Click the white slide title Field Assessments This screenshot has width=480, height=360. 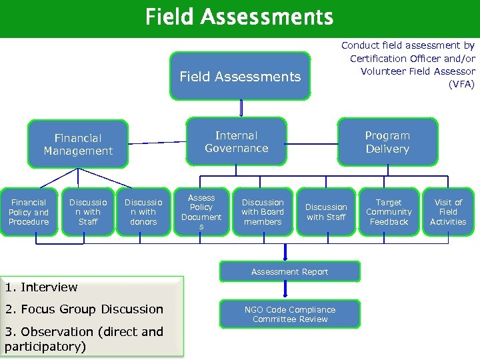239,16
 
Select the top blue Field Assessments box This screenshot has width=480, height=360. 240,77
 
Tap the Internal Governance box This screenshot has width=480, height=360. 237,142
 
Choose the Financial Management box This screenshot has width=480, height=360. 78,144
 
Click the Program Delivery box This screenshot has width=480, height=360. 387,142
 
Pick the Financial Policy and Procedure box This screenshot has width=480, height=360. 29,212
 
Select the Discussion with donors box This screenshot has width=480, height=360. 143,212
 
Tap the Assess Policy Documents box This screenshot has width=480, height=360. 201,212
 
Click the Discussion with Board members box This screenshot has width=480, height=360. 263,212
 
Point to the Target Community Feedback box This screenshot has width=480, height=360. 389,212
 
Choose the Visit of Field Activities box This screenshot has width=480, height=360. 448,212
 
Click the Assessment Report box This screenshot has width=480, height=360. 289,272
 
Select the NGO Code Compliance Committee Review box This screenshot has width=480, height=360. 290,314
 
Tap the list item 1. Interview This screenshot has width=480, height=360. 41,287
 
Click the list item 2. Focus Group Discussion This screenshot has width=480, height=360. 84,309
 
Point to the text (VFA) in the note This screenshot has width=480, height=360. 461,84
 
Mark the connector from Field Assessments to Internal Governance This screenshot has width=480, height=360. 241,108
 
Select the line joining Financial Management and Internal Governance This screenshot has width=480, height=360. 157,142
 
